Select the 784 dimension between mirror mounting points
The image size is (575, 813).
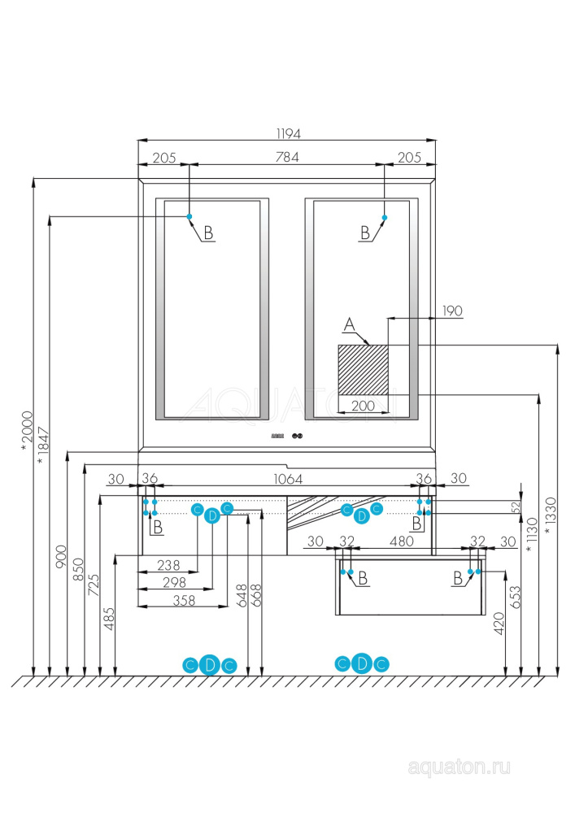point(287,158)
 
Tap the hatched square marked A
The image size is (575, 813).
point(363,369)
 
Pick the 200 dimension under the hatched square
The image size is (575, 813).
point(363,405)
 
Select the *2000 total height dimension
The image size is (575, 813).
point(25,435)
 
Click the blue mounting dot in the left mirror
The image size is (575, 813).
point(189,216)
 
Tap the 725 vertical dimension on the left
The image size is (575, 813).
point(94,584)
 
